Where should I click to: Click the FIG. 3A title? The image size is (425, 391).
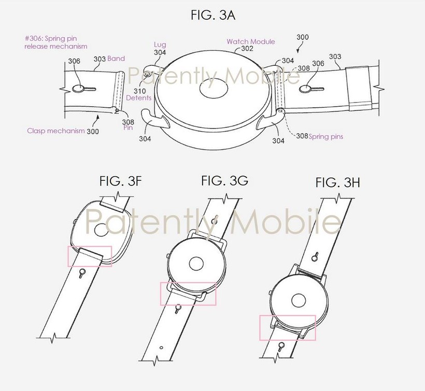(213, 15)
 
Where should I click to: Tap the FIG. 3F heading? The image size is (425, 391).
(121, 181)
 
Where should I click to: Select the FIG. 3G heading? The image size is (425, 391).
(224, 180)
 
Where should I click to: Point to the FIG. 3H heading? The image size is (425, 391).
(338, 182)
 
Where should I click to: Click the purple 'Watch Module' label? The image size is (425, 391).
(251, 42)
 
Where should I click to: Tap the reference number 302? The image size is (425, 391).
(247, 49)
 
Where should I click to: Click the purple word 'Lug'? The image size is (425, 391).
(160, 45)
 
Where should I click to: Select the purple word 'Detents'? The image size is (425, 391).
(138, 98)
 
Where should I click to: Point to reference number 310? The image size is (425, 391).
(139, 91)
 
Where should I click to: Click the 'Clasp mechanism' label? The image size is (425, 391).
(56, 131)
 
